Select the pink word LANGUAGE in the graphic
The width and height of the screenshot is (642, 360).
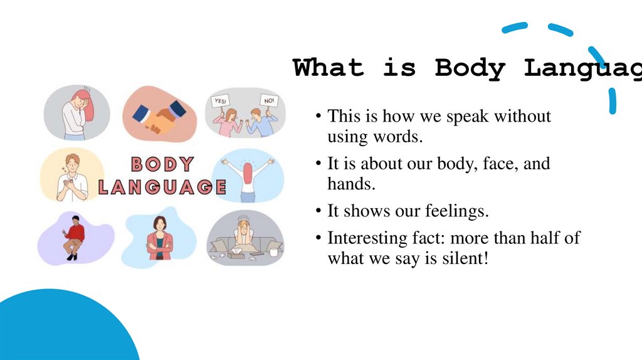coord(162,187)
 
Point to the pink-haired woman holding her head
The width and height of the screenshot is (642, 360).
coord(76,113)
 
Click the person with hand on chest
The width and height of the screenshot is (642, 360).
coord(71,177)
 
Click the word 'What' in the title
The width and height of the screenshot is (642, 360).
coord(329,68)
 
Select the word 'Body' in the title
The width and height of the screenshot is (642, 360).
coord(470,68)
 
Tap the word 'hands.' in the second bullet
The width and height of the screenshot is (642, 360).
coord(346,183)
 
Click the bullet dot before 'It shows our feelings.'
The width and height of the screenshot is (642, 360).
coord(319,212)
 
